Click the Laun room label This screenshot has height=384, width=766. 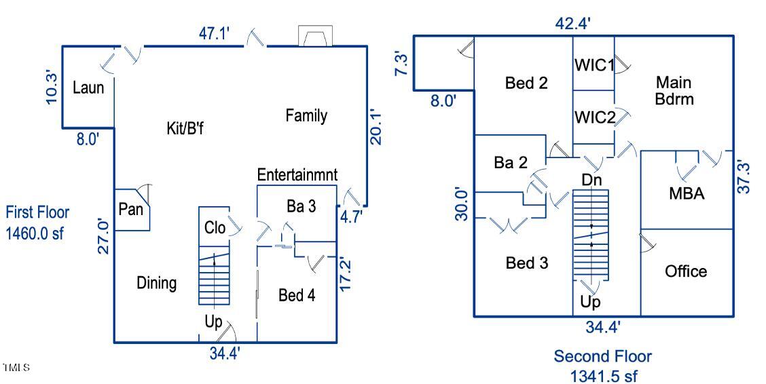click(x=88, y=88)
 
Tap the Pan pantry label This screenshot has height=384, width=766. click(x=130, y=209)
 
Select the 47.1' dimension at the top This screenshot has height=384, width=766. click(x=216, y=36)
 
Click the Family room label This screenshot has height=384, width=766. click(x=306, y=115)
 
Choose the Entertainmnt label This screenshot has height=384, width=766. click(x=297, y=175)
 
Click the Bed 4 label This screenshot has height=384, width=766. click(x=297, y=295)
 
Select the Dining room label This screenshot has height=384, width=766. click(x=157, y=283)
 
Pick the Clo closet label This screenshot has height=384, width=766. click(x=215, y=228)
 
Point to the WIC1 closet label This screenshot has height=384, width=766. click(x=594, y=66)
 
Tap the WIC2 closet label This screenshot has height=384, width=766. click(x=594, y=117)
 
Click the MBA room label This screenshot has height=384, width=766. click(x=687, y=193)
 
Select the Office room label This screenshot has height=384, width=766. click(x=686, y=271)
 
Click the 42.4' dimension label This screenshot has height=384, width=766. click(x=573, y=24)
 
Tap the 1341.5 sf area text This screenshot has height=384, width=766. click(x=603, y=375)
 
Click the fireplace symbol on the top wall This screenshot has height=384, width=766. click(x=315, y=37)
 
